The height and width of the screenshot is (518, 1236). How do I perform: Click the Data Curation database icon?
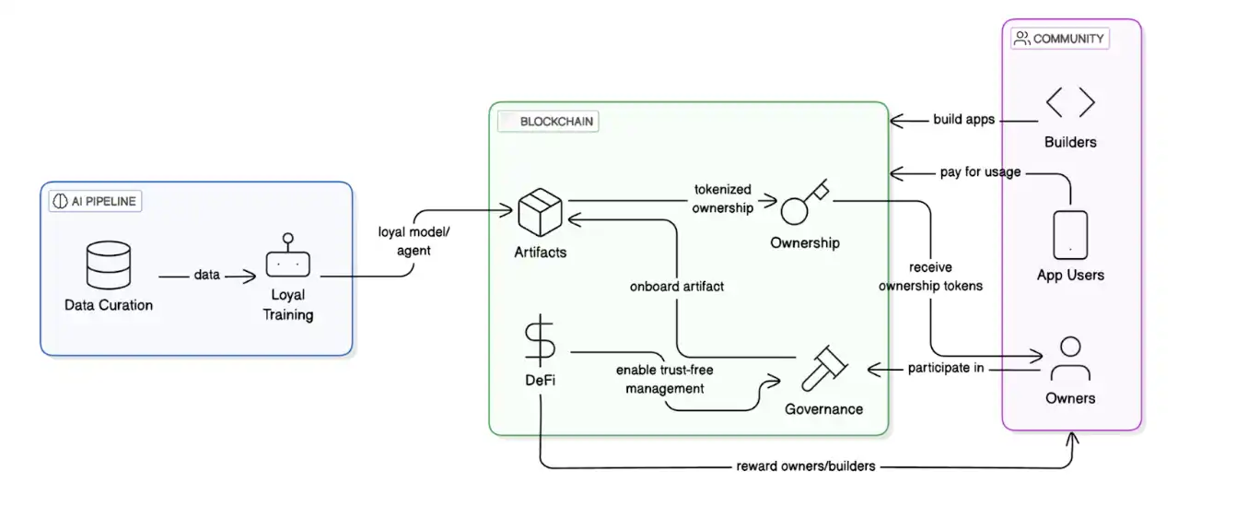tap(108, 265)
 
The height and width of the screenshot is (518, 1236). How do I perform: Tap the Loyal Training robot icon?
tap(288, 260)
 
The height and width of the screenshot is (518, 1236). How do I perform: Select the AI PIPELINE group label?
tap(95, 201)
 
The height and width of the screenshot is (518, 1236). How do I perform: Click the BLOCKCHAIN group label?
tap(548, 122)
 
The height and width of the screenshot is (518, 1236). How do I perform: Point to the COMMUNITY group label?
tap(1060, 39)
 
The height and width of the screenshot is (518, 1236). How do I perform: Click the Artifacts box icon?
tap(541, 213)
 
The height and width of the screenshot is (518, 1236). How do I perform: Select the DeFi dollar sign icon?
tap(540, 343)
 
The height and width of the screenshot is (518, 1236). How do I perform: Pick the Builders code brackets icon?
tap(1070, 102)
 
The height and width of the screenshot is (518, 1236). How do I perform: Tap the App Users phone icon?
tap(1070, 234)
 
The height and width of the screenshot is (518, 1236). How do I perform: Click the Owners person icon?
tap(1069, 359)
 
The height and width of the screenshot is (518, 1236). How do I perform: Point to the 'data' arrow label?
tap(206, 275)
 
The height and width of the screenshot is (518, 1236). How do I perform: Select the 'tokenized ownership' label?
tap(723, 198)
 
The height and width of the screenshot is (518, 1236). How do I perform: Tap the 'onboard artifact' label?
tap(677, 286)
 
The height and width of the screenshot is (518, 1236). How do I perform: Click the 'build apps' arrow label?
tap(963, 120)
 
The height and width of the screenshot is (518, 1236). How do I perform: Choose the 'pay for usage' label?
tap(980, 171)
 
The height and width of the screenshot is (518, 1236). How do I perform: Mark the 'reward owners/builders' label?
tap(806, 465)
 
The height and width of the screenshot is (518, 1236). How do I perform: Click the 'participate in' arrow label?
tap(946, 369)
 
